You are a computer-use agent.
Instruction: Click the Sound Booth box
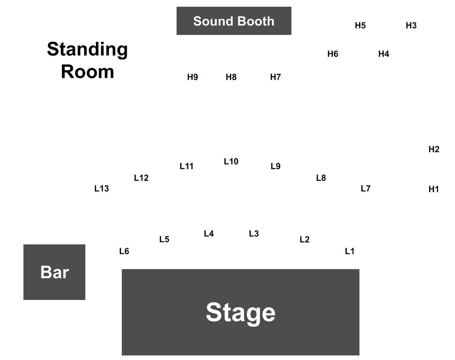[234, 21]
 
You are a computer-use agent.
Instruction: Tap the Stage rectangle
[240, 312]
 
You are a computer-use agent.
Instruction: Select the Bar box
[54, 272]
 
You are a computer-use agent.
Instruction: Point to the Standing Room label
[88, 60]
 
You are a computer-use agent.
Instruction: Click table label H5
[360, 26]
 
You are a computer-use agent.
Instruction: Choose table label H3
[411, 26]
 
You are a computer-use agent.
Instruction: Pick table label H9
[192, 77]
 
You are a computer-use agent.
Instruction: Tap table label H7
[275, 77]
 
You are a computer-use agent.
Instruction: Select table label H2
[434, 149]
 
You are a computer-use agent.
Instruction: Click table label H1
[433, 189]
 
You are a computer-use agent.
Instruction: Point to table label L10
[231, 161]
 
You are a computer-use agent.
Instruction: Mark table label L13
[101, 189]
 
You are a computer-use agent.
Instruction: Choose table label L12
[141, 178]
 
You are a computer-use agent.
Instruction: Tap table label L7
[366, 189]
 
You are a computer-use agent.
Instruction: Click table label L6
[124, 251]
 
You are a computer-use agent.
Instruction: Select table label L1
[350, 251]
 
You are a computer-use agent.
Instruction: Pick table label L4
[209, 234]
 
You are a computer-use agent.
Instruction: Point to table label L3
[254, 234]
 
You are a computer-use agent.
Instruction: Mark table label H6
[333, 54]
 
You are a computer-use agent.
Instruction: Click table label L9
[275, 166]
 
